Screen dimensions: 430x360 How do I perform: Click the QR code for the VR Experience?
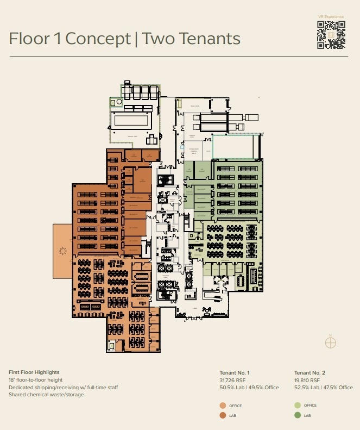331,36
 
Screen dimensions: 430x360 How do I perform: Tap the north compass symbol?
330,342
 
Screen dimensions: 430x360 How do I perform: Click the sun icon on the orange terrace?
62,251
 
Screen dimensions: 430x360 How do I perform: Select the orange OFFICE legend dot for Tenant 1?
223,406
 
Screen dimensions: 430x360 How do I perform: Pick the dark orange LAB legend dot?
223,416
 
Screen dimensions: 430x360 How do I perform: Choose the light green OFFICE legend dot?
297,406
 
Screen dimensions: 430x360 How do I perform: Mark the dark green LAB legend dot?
297,416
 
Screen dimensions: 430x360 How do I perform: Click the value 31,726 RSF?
232,380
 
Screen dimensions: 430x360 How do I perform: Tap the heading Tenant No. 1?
234,372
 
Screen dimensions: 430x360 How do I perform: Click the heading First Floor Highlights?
34,372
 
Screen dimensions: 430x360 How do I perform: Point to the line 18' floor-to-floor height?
35,380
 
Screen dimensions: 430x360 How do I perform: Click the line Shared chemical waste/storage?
46,395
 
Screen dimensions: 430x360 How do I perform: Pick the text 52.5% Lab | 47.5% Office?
323,388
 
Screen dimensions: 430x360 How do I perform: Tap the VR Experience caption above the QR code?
331,17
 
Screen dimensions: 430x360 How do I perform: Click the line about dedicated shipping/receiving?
63,388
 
